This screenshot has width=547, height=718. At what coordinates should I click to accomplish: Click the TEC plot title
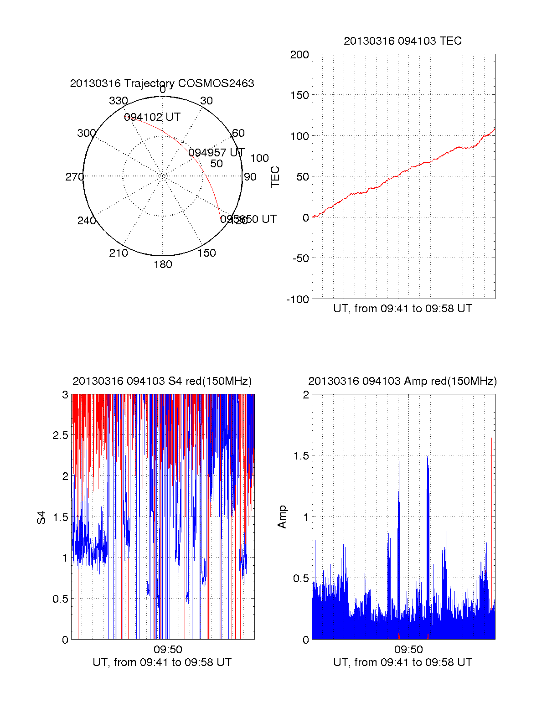pos(403,41)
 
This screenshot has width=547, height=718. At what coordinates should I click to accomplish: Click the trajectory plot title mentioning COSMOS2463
pos(162,83)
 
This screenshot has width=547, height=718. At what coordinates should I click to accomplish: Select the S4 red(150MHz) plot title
pos(162,381)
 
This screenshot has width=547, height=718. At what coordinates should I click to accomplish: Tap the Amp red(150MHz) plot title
pos(403,381)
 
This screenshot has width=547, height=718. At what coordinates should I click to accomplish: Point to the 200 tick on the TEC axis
pos(299,55)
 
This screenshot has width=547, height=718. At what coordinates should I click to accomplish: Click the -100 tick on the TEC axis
pos(298,300)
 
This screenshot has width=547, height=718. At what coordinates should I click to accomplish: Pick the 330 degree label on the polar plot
pos(119,101)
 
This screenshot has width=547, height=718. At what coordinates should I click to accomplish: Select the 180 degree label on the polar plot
pos(163,264)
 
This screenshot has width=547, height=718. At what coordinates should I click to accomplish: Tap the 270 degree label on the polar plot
pos(74,177)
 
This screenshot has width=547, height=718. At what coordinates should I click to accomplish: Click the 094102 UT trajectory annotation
pos(152,117)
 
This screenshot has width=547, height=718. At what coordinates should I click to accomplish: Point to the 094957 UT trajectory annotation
pos(217,152)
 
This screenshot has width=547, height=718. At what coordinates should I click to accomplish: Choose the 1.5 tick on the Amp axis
pos(300,456)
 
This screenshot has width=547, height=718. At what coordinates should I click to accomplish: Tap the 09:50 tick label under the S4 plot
pos(168,649)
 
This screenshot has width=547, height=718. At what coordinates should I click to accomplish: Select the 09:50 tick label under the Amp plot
pos(408,649)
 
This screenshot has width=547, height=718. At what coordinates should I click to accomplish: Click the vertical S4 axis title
pos(41,517)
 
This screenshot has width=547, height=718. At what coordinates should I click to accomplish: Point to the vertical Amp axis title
pos(282,517)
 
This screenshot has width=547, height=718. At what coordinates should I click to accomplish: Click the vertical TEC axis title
pos(275,177)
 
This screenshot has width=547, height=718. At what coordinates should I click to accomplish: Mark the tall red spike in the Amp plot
pos(492,492)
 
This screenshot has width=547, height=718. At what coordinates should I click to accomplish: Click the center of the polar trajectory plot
pos(163,176)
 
